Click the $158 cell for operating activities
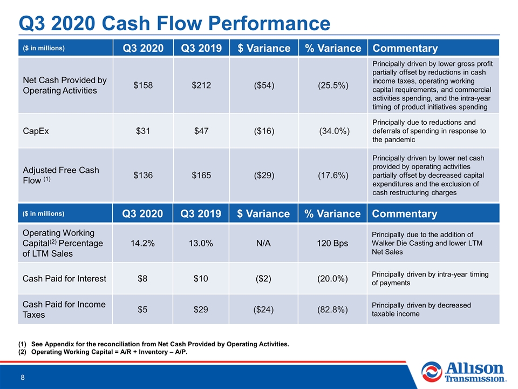coord(143,85)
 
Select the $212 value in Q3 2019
coord(201,85)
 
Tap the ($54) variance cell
coord(264,85)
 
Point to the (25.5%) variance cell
coord(333,85)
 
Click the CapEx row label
coord(36,131)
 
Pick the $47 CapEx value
coord(201,131)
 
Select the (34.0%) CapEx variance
coord(334,131)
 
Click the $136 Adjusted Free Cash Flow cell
coord(143,175)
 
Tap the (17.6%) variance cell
coord(333,175)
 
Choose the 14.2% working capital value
coord(142,244)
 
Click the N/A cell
coord(263,244)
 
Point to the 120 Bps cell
coord(332,244)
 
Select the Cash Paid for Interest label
coord(64,279)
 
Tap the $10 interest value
coord(201,279)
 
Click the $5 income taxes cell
coord(142,310)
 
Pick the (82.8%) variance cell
coord(332,310)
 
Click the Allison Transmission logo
coord(464,372)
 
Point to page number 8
coord(23,378)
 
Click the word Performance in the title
coord(269,23)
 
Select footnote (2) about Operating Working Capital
coord(103,352)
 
